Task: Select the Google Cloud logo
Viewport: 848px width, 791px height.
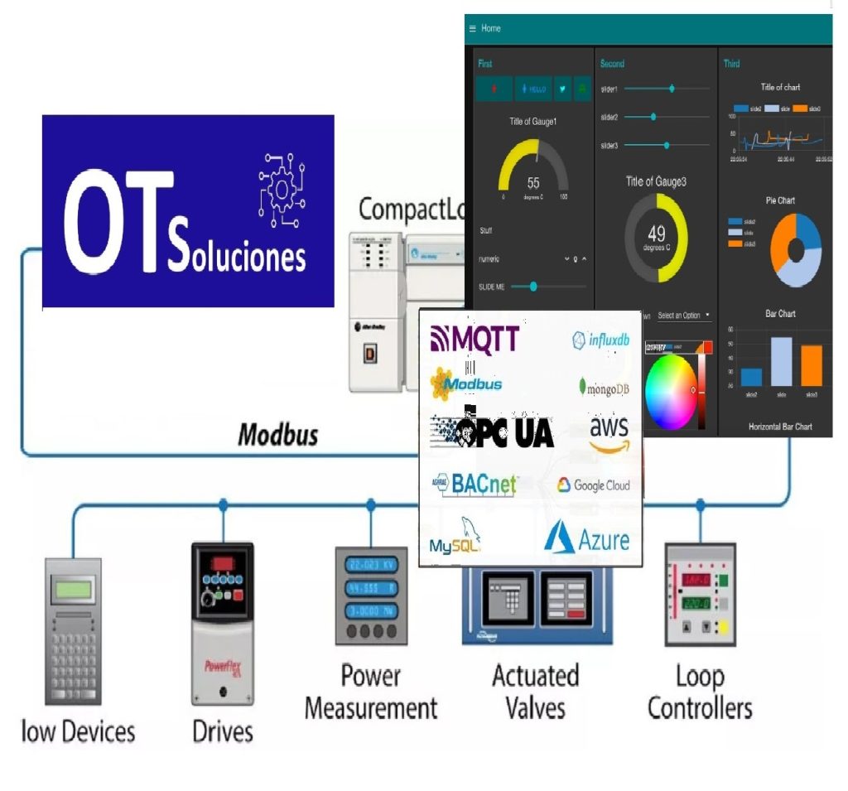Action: (593, 485)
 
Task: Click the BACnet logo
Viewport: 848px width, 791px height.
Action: (473, 484)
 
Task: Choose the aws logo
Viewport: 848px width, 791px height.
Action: (609, 433)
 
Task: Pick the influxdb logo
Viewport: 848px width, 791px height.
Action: (601, 340)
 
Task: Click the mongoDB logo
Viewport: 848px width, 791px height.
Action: (604, 387)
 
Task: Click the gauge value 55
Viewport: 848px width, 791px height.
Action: (533, 183)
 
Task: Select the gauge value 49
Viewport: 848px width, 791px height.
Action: (656, 234)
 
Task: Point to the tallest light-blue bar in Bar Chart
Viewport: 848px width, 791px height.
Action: (781, 361)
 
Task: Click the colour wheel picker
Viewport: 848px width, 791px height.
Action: (672, 389)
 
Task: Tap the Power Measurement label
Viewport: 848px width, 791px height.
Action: (370, 692)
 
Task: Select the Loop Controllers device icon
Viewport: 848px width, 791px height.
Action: (700, 594)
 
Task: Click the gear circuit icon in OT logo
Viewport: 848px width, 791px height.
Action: (282, 191)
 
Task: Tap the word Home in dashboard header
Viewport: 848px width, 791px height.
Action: (491, 28)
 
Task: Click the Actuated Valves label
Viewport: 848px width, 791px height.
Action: (535, 692)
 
